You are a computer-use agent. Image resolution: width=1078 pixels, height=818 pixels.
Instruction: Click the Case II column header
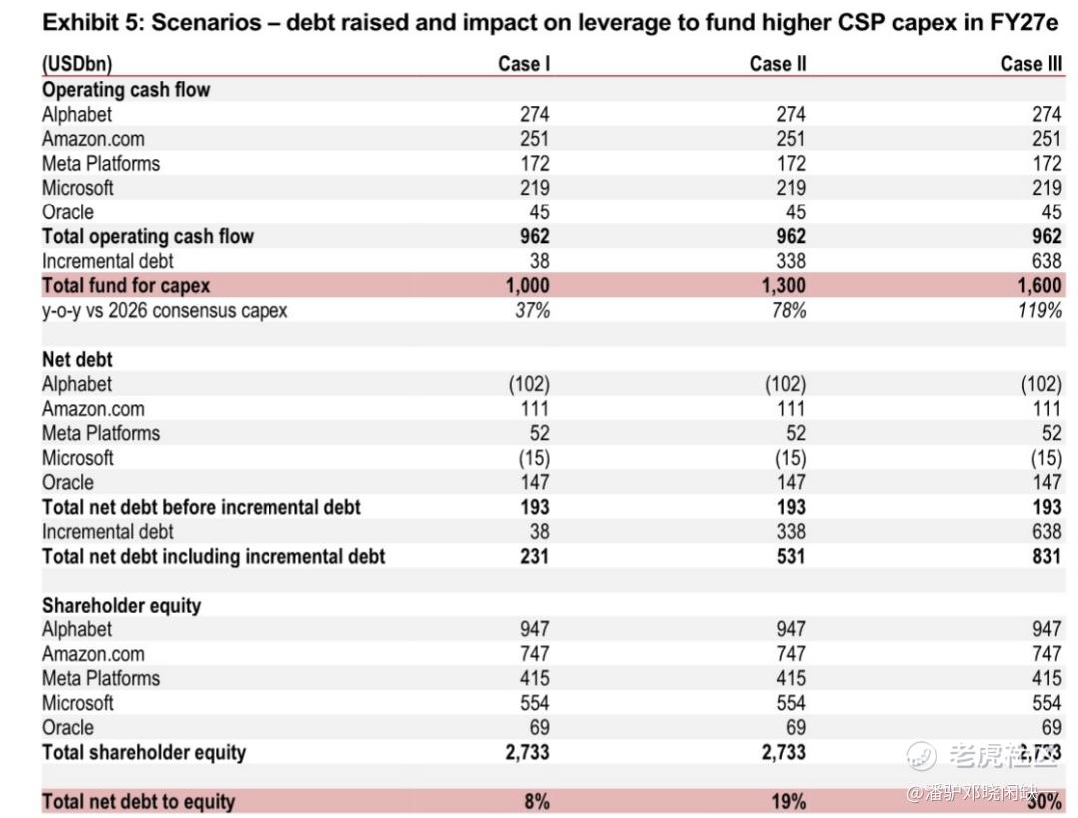pos(777,64)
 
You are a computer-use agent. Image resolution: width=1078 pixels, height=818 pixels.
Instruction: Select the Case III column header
pos(1031,64)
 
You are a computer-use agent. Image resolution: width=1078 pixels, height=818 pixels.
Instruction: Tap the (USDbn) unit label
pos(77,64)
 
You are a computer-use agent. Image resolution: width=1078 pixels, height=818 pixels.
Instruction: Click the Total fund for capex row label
pos(126,285)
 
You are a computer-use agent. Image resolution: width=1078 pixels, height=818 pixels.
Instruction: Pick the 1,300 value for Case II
pos(784,285)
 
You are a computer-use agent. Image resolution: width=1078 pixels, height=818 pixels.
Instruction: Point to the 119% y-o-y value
pos(1040,310)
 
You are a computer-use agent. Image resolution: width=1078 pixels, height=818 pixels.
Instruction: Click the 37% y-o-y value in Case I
pos(533,310)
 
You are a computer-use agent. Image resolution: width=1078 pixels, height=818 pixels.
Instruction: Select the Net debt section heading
pos(77,359)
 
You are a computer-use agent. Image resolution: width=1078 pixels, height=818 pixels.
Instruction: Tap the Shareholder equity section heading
pos(121,606)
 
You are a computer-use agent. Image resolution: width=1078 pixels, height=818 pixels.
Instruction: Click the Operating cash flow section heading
pos(126,90)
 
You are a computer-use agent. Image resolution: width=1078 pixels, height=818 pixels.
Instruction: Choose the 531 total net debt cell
pos(791,556)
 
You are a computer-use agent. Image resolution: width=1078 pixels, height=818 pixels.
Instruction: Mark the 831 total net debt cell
pos(1047,556)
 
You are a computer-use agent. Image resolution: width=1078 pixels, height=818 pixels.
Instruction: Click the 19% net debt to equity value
pos(788,801)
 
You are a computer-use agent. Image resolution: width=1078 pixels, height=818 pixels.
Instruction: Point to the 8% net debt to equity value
pos(537,801)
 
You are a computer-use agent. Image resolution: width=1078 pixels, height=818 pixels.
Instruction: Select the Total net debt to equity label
pos(138,801)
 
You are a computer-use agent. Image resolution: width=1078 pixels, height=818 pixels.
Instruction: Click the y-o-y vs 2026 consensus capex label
pos(165,310)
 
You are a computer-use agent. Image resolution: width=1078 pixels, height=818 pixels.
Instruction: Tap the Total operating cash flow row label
pos(148,237)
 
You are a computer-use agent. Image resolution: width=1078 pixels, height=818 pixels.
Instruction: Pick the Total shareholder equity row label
pos(144,753)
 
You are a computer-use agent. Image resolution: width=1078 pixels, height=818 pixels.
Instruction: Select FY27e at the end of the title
pos(1024,23)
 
